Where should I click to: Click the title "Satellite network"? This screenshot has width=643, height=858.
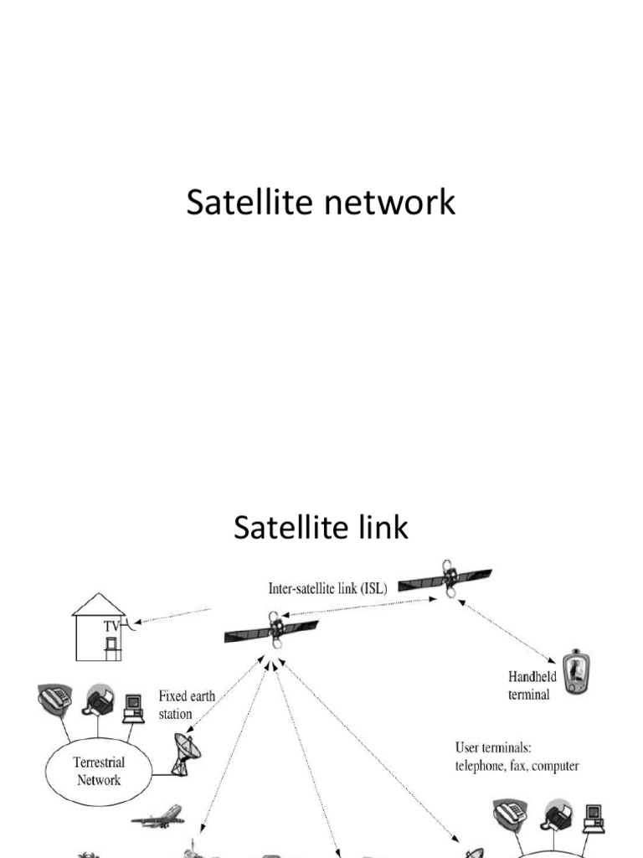321,203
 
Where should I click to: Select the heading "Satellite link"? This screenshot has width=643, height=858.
321,528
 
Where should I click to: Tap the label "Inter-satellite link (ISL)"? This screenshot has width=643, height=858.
327,589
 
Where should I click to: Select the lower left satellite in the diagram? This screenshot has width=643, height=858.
271,630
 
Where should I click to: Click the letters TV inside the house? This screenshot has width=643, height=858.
111,625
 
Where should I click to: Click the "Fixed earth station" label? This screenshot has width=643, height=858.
175,705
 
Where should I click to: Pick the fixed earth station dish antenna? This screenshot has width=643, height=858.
187,752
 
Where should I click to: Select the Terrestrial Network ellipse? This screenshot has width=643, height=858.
98,771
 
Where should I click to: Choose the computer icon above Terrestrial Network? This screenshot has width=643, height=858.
133,709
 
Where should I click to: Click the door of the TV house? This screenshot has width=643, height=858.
111,646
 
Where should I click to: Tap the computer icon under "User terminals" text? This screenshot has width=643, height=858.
594,817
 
